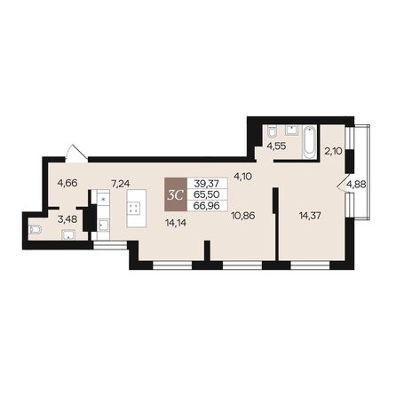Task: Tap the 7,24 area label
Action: click(120, 185)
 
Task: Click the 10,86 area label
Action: click(242, 216)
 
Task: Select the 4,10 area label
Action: click(243, 176)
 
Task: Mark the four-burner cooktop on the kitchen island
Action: click(136, 210)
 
